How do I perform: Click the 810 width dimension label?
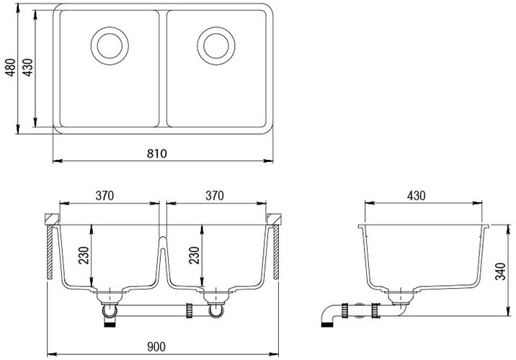tap(157, 153)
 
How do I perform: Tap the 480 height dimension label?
tap(11, 68)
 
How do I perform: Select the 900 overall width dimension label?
tap(156, 346)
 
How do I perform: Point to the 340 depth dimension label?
tap(500, 271)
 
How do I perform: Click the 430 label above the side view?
tap(417, 196)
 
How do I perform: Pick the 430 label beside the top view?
tap(27, 68)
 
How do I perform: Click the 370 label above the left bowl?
tap(104, 196)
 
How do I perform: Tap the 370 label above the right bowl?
tap(215, 196)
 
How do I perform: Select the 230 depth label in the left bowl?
tap(84, 255)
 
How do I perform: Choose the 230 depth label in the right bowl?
tap(194, 255)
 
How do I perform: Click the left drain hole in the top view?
tap(110, 45)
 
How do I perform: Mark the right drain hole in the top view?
tap(216, 45)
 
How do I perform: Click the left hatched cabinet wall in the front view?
tap(50, 252)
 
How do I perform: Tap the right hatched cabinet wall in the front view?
tap(277, 252)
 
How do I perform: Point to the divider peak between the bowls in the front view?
tap(162, 238)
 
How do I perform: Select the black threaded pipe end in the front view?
tap(110, 324)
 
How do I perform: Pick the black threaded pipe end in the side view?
tap(326, 325)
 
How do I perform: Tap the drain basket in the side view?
tap(401, 297)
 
